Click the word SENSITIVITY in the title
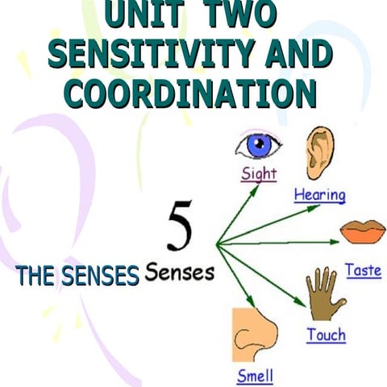pos(151,54)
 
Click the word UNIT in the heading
pos(145,13)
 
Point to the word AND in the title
pos(299,54)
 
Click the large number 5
pos(180,226)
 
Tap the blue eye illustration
pos(258,145)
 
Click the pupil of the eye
pos(259,144)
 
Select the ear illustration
pos(320,153)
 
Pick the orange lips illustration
pos(363,232)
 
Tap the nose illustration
pos(255,335)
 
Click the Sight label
pos(259,174)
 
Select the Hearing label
pos(320,195)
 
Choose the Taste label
pos(364,270)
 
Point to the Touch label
pos(327,335)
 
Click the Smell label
pos(255,376)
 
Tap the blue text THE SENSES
pos(77,276)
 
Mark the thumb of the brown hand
pos(339,304)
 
